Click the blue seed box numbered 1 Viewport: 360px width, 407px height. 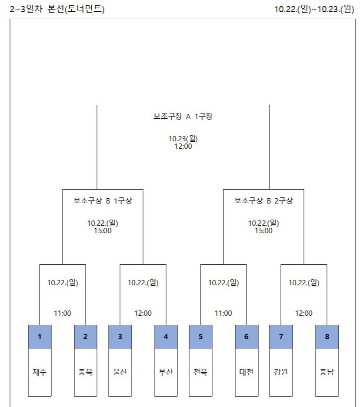[40, 337]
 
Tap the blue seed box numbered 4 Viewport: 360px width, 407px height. [166, 337]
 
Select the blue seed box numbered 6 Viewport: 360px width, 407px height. [247, 337]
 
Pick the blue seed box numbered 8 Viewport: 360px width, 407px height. [327, 337]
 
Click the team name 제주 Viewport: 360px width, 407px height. [40, 372]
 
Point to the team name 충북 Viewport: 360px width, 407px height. [86, 372]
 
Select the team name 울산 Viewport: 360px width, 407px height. [120, 372]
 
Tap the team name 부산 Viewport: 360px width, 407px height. [166, 372]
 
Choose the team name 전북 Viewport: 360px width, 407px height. [200, 372]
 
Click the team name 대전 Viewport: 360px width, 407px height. [247, 372]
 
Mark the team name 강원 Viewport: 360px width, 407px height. [281, 372]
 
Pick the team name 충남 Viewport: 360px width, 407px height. [327, 372]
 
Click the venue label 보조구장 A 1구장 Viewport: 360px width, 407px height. [183, 117]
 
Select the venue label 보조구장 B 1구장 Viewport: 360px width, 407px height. [103, 201]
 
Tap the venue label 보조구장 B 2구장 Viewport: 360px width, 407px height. [263, 201]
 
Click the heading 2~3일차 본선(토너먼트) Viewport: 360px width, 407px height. [57, 9]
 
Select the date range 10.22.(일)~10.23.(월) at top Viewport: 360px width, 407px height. [314, 9]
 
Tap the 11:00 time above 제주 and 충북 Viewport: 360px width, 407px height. [63, 313]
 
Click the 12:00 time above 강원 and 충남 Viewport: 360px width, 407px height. [304, 313]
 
